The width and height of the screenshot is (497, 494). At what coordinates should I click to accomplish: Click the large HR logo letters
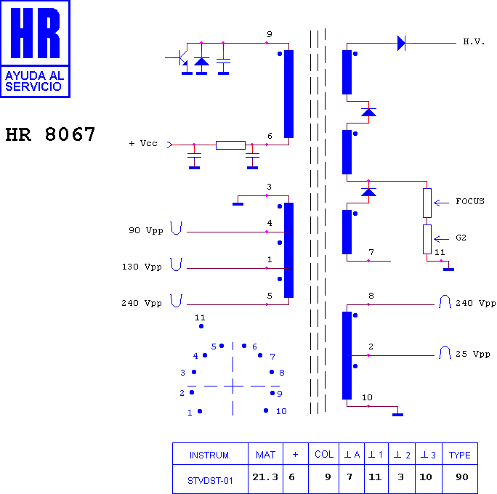coord(35,33)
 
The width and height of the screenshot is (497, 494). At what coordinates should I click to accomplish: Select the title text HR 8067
coord(50,134)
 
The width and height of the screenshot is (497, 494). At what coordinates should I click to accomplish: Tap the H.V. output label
coord(474,42)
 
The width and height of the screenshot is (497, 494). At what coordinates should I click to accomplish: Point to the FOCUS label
coord(470,201)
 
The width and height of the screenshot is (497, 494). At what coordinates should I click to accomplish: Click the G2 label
coord(461,238)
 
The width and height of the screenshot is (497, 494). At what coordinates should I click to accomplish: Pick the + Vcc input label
coord(143,143)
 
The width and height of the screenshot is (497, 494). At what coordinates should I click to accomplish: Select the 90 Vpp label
coord(146,230)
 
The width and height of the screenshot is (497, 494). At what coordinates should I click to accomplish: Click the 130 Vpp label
coord(142,267)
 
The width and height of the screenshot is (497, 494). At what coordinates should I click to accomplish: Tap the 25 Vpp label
coord(473,354)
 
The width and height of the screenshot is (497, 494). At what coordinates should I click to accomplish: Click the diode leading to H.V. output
coord(401,43)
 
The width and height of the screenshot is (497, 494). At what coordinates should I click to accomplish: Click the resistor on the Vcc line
coord(230,145)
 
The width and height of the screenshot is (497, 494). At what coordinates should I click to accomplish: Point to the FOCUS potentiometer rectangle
coord(427,203)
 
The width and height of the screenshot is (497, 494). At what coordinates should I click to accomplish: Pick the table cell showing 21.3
coord(265,477)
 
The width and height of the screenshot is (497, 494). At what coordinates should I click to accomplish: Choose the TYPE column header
coord(460,455)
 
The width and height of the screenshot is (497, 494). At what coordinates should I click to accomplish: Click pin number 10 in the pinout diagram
coord(281,411)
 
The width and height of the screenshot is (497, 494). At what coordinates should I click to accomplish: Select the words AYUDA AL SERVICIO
coord(35,81)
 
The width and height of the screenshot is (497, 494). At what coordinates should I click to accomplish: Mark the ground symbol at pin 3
coord(238,204)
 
